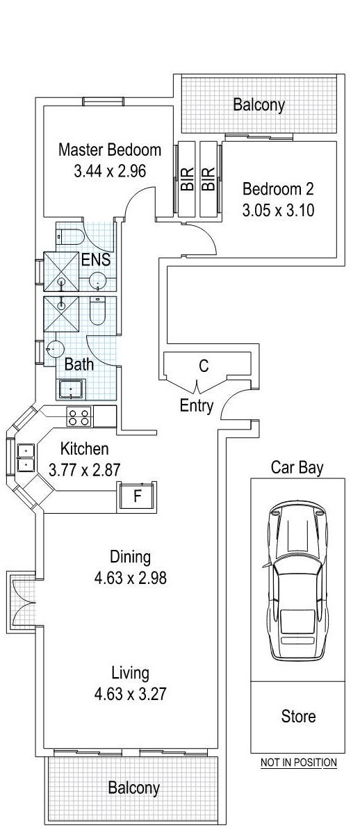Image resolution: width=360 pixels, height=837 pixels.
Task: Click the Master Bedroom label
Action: (x=110, y=149)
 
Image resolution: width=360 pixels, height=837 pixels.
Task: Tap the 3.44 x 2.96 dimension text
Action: (x=110, y=170)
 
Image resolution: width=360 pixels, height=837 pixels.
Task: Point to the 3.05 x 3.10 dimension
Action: (x=278, y=209)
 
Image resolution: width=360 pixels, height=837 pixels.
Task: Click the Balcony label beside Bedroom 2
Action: (x=259, y=105)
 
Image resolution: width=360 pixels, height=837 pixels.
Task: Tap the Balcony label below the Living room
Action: (x=133, y=788)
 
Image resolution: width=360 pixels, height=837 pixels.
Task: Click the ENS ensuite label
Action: (x=96, y=261)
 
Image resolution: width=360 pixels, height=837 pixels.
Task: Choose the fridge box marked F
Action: (x=136, y=497)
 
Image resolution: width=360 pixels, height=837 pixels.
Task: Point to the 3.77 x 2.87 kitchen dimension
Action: (x=85, y=470)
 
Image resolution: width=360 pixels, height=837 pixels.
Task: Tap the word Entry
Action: (x=197, y=407)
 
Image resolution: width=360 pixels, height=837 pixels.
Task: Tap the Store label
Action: (x=297, y=716)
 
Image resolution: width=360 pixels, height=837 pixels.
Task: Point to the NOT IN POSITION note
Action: (x=298, y=763)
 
